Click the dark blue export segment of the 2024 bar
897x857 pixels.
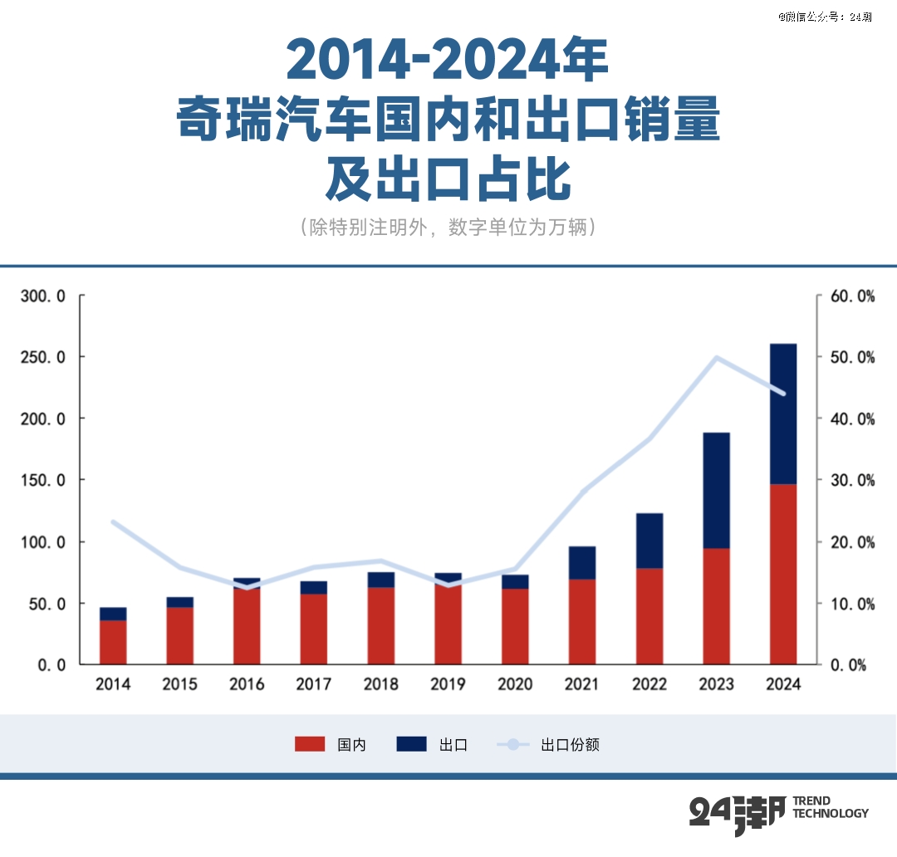pyautogui.click(x=782, y=414)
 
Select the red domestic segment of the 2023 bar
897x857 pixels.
pyautogui.click(x=716, y=606)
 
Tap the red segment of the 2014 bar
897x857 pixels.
pyautogui.click(x=113, y=642)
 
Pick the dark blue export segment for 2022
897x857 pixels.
pyautogui.click(x=649, y=541)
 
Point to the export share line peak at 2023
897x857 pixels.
pyautogui.click(x=716, y=358)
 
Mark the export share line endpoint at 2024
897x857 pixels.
pyautogui.click(x=782, y=394)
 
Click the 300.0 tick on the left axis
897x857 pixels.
pyautogui.click(x=42, y=296)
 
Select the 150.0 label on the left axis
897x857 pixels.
pyautogui.click(x=42, y=480)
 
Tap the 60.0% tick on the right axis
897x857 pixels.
pyautogui.click(x=853, y=296)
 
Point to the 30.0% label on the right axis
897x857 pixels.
pyautogui.click(x=853, y=480)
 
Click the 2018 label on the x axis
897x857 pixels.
pyautogui.click(x=380, y=684)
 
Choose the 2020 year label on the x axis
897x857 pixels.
pyautogui.click(x=515, y=684)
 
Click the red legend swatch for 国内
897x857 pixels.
pyautogui.click(x=310, y=744)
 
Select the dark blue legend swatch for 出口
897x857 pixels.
pyautogui.click(x=411, y=744)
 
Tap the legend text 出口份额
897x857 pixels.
pyautogui.click(x=570, y=745)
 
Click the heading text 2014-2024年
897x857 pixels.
pyautogui.click(x=448, y=60)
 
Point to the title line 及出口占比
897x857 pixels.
pyautogui.click(x=448, y=178)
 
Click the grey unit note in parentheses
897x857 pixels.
pyautogui.click(x=448, y=228)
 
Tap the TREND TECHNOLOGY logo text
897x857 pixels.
pyautogui.click(x=830, y=807)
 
